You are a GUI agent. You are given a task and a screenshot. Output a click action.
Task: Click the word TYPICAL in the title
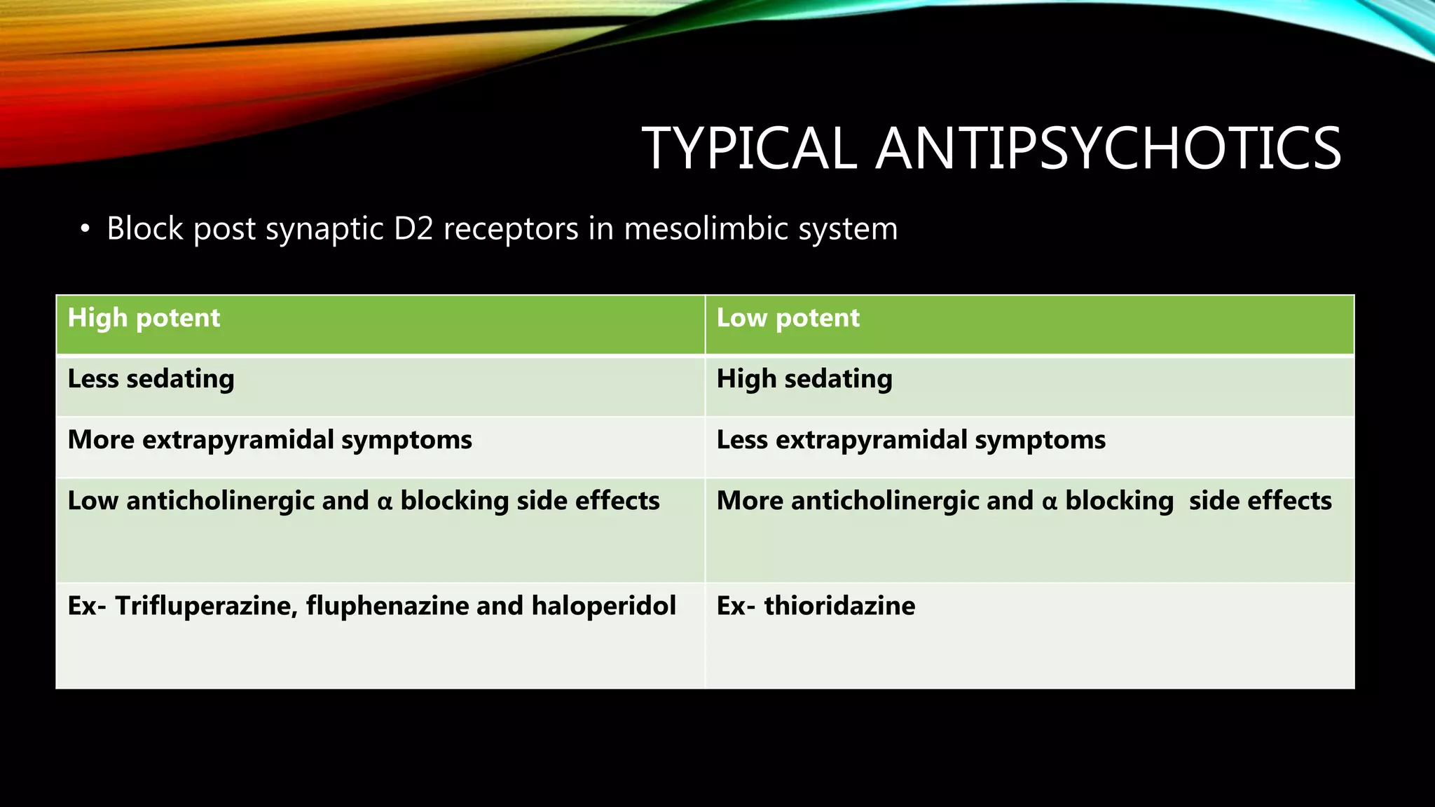point(749,149)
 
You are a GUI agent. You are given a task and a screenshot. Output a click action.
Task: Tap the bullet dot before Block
point(85,229)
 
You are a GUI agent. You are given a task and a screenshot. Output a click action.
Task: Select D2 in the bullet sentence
point(413,229)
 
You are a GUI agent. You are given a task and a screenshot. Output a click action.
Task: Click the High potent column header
point(144,318)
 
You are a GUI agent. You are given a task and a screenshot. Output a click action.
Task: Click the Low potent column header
point(788,318)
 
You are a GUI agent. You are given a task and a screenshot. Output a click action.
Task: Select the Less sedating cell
point(151,379)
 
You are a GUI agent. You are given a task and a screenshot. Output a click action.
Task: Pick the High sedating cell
point(804,379)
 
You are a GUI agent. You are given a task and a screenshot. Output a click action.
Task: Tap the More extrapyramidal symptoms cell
point(270,440)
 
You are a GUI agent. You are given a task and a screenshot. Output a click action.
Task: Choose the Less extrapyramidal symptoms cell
point(911,440)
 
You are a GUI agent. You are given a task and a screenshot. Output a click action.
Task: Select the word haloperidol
point(603,606)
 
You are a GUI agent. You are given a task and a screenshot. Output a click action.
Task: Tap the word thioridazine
point(839,606)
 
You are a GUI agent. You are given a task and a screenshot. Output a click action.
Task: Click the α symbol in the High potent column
point(385,502)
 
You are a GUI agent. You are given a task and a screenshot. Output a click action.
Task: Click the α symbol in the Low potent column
point(1049,502)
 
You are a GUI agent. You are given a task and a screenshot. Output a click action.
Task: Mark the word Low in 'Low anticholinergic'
point(92,501)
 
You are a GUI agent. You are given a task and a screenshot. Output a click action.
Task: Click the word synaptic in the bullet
point(325,229)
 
